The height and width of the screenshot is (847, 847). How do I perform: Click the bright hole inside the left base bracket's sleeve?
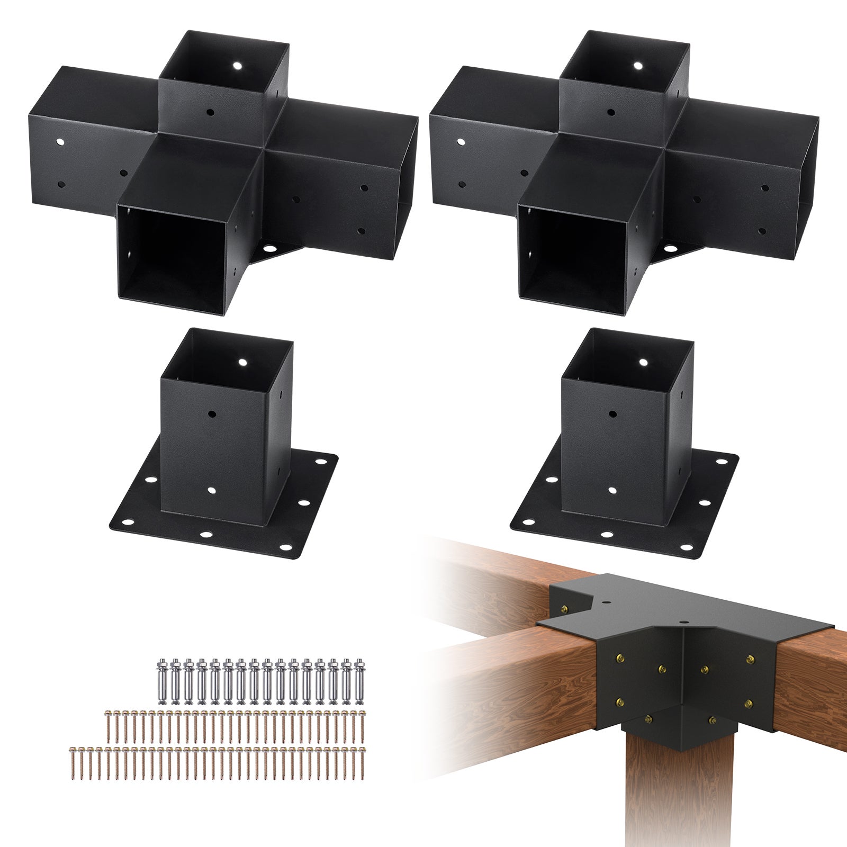[244, 363]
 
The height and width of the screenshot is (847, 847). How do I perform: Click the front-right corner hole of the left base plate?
[287, 548]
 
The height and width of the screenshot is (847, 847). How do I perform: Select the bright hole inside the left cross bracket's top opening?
[237, 67]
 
